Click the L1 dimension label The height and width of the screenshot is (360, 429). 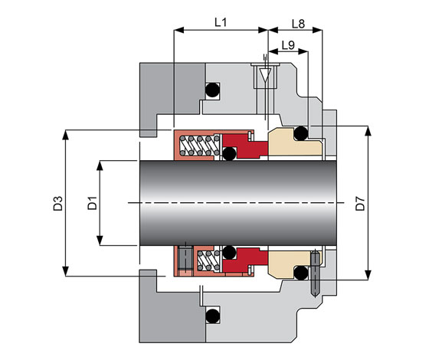tap(221, 22)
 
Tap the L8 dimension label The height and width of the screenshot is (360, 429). tap(298, 24)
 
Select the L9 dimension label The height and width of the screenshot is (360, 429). tap(288, 45)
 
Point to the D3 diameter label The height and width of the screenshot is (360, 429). tap(58, 203)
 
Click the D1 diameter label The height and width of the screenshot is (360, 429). tap(92, 203)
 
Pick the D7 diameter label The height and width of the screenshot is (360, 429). tap(360, 203)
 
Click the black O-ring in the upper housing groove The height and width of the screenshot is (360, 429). tap(213, 90)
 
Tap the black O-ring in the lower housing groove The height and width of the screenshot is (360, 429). tap(213, 316)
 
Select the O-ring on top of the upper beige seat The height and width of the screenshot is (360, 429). tap(301, 133)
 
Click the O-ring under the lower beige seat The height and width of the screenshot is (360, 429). tap(301, 273)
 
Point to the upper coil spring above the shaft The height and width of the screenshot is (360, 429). tap(199, 146)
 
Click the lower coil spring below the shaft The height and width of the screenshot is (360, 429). tap(208, 260)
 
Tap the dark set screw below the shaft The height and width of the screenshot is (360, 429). tap(185, 259)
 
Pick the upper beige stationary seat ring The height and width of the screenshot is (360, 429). tap(295, 142)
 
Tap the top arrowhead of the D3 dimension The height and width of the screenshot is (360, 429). tap(65, 135)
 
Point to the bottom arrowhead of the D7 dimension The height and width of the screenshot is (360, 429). tap(368, 275)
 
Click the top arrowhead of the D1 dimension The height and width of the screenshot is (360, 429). tap(100, 165)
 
